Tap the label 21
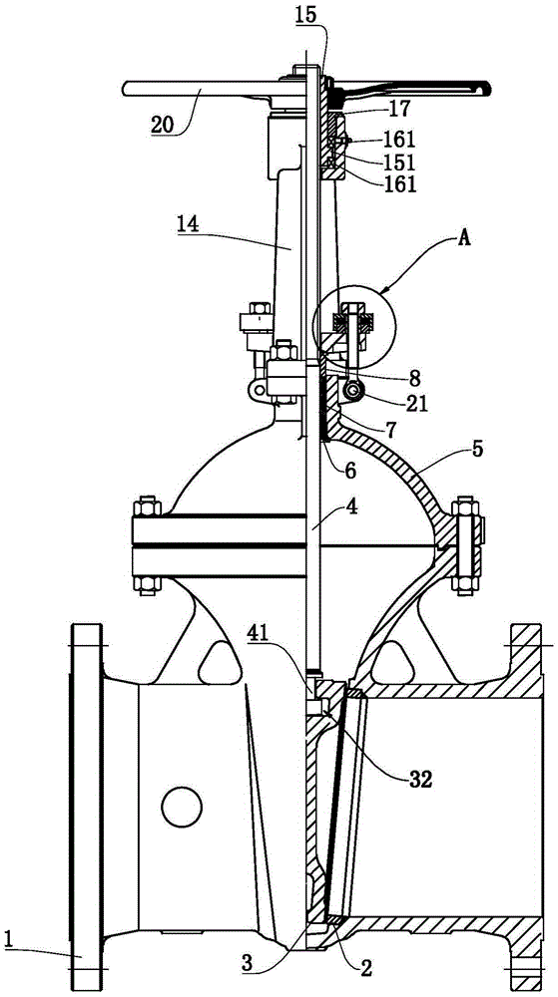[x=420, y=402]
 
